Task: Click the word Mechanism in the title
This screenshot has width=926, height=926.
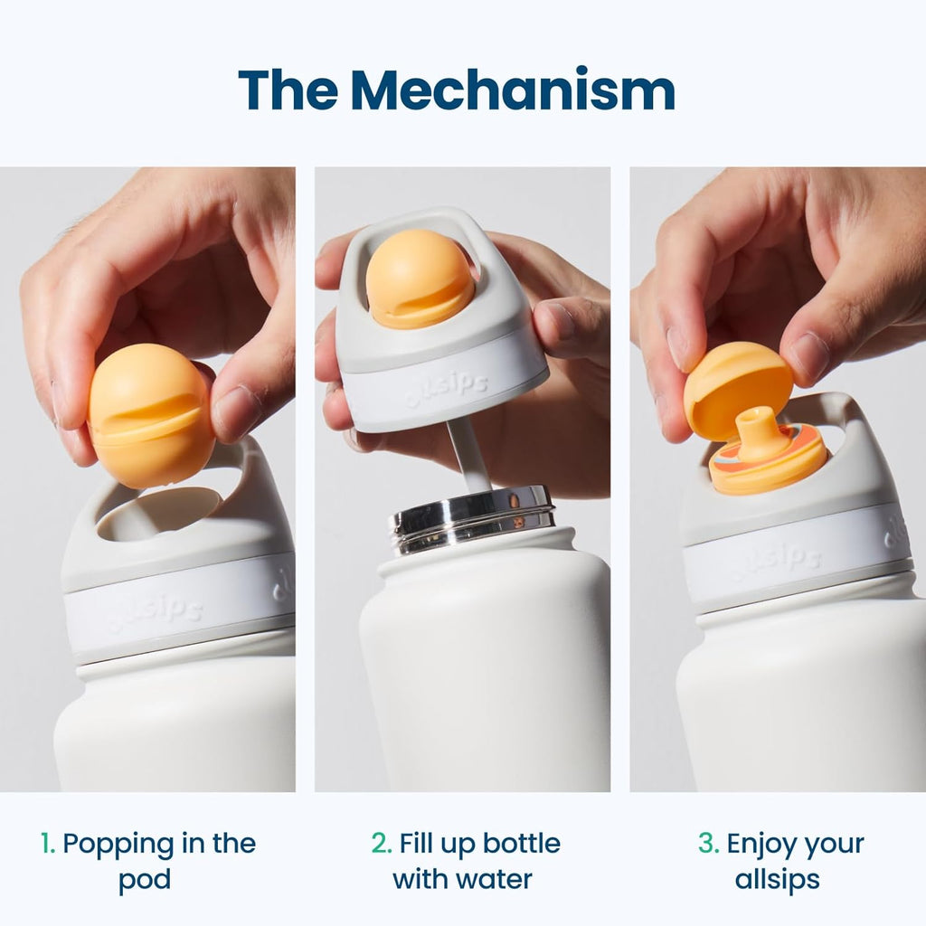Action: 513,90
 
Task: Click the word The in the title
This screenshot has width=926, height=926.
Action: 288,90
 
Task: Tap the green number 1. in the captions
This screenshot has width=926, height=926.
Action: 48,844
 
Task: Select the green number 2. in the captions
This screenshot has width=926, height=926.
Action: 382,844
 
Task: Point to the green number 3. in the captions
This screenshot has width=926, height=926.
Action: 708,844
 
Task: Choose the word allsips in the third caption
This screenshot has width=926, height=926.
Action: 777,880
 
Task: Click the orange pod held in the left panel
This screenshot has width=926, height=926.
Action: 151,414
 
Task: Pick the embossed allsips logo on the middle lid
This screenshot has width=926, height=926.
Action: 447,390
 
